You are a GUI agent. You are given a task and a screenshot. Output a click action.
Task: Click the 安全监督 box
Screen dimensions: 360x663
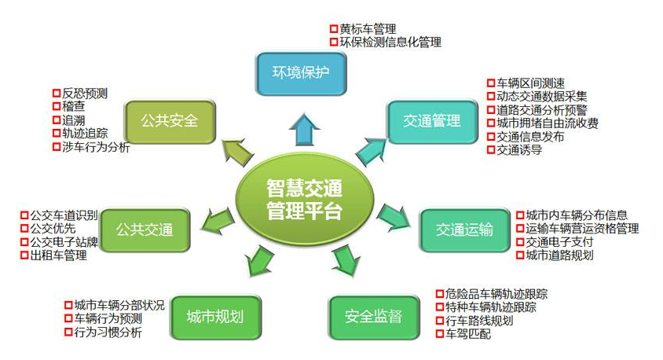(372, 317)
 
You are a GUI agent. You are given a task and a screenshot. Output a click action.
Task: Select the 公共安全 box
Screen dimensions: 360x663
(169, 121)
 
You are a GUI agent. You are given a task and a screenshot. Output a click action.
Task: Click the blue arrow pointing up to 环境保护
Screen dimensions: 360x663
(300, 127)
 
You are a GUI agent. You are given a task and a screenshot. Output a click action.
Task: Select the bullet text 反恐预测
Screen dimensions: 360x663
(85, 94)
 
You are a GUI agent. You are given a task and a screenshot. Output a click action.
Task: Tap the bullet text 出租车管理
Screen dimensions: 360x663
(57, 255)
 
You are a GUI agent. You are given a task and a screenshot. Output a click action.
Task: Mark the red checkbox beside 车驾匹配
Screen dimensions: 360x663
(440, 334)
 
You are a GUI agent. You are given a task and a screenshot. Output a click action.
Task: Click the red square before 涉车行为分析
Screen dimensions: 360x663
(56, 147)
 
